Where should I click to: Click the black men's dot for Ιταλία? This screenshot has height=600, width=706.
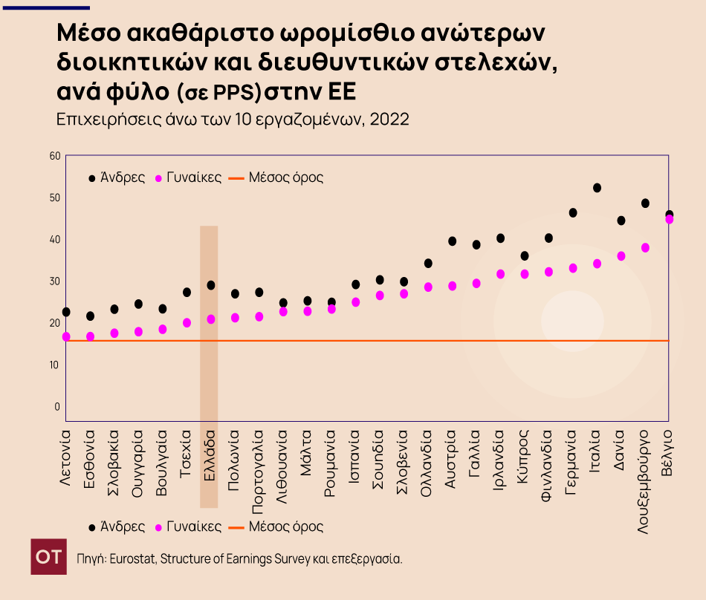(x=597, y=188)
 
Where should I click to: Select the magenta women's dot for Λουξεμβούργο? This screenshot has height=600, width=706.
(x=645, y=247)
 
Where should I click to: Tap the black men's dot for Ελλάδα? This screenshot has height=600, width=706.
(x=211, y=285)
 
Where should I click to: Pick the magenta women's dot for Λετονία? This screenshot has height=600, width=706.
(x=66, y=336)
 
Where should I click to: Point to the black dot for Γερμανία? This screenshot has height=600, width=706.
(x=573, y=212)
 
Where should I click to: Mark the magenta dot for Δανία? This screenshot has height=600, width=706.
(x=621, y=256)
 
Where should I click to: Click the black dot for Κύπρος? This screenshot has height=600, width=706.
(x=525, y=255)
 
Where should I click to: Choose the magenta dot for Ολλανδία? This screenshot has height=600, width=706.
(x=428, y=287)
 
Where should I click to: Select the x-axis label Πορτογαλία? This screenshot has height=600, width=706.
(x=259, y=465)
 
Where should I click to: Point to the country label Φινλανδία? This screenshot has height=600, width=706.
(x=548, y=459)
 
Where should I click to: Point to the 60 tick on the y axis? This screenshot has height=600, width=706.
(x=54, y=156)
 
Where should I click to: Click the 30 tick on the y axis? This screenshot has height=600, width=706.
(x=54, y=281)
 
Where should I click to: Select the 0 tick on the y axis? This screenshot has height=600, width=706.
(x=56, y=406)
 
